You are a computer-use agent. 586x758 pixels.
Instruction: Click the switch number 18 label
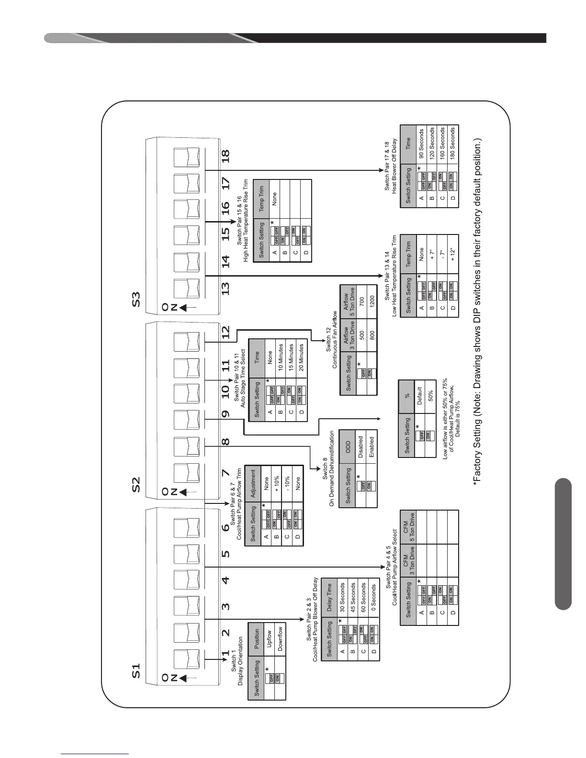pyautogui.click(x=225, y=156)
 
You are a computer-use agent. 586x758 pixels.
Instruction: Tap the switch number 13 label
pyautogui.click(x=225, y=288)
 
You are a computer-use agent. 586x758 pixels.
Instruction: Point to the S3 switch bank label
pyautogui.click(x=136, y=298)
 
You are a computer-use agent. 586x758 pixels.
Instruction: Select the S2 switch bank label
pyautogui.click(x=136, y=484)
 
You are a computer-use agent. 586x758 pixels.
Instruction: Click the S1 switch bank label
pyautogui.click(x=136, y=671)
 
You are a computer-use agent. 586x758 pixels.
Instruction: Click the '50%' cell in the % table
pyautogui.click(x=430, y=397)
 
